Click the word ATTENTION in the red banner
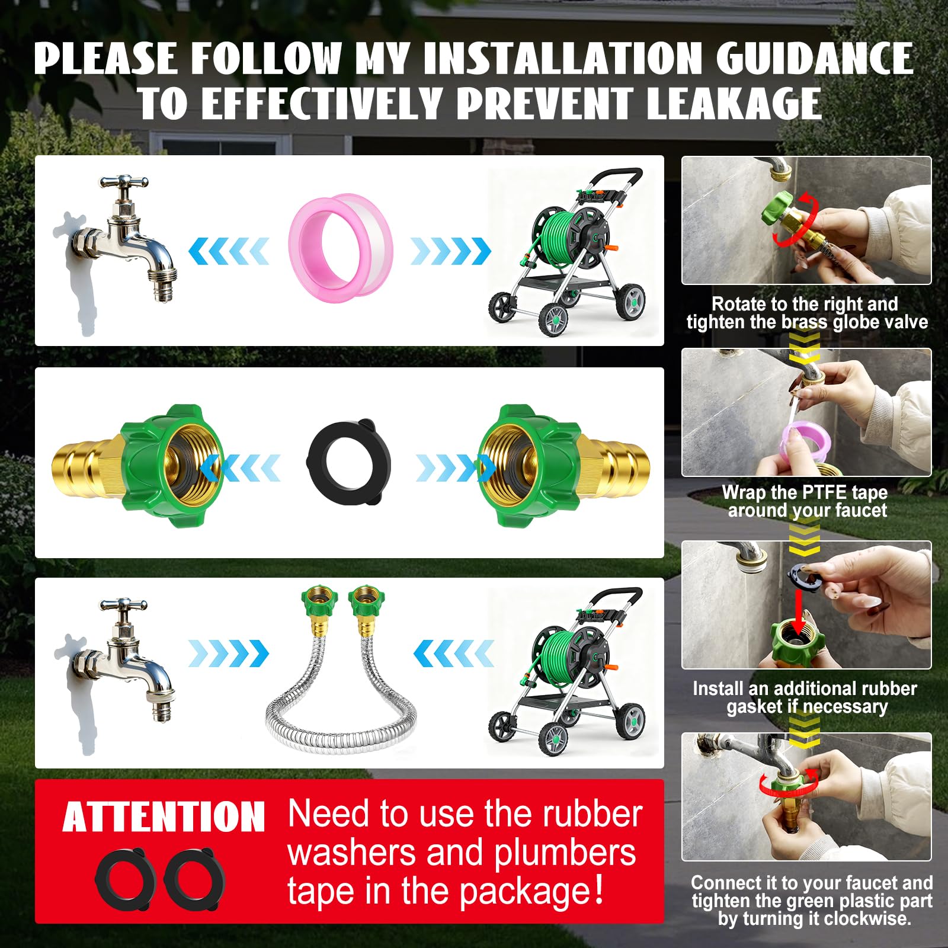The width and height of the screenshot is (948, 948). (x=164, y=817)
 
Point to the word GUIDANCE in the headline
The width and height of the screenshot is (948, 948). (x=814, y=58)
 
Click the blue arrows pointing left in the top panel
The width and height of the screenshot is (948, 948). (x=228, y=251)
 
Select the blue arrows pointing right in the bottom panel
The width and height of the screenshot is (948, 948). (x=228, y=654)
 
